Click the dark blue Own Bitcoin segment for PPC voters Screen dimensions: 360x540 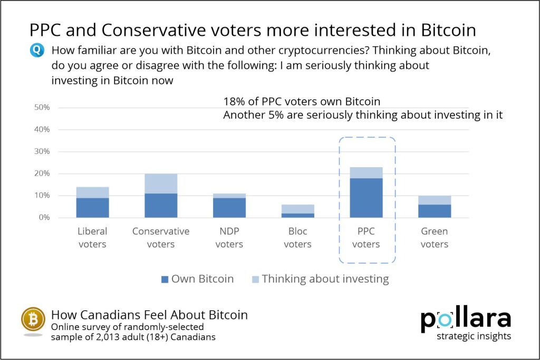coord(367,198)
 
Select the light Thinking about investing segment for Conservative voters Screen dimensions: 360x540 coord(161,183)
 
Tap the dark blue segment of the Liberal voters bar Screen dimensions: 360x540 coord(92,208)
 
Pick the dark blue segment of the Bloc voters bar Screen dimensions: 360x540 coord(298,215)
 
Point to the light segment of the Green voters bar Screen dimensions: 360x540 coord(435,200)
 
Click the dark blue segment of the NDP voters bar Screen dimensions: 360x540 coord(229,208)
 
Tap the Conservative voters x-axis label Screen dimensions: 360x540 coord(161,238)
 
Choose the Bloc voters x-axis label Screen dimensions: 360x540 coord(298,238)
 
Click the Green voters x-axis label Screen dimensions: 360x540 coord(435,238)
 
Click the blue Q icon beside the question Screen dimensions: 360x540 coord(36,51)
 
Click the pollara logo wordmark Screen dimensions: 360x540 coord(465,319)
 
